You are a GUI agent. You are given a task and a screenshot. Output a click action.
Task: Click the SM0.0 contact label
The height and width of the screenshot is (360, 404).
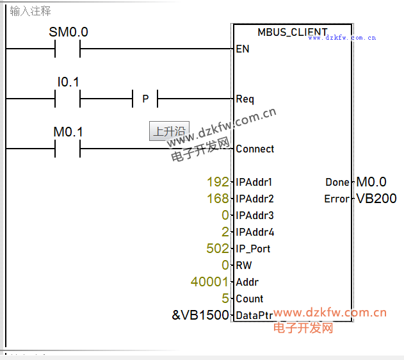69,31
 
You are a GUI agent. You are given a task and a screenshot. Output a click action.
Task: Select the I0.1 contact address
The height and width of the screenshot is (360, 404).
69,82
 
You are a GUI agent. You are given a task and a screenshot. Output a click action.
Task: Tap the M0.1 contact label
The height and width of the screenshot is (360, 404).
69,132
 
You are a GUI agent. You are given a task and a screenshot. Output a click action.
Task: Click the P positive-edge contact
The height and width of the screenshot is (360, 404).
145,99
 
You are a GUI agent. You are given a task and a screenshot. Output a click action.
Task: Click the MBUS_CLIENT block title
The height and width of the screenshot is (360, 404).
292,32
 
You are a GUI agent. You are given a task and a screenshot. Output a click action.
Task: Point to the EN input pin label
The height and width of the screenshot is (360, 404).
243,49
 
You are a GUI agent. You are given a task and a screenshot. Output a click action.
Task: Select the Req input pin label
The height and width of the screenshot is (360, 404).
245,99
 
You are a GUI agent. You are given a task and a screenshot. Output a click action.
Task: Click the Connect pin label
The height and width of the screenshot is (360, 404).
255,149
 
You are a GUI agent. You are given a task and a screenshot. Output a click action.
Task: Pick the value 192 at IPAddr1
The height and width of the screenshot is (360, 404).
218,182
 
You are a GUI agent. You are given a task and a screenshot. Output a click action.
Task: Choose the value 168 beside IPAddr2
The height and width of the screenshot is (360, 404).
218,199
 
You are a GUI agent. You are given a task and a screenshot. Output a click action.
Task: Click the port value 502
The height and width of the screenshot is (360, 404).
218,249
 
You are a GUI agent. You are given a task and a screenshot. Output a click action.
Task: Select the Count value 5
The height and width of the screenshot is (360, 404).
225,299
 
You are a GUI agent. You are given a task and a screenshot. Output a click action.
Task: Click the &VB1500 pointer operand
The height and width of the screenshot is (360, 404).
200,315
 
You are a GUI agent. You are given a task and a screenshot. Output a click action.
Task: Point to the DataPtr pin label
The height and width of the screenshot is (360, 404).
254,315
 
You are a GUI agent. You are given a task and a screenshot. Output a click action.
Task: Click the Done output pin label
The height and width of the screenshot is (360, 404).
337,182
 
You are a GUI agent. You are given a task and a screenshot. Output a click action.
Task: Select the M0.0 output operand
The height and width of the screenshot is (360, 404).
371,182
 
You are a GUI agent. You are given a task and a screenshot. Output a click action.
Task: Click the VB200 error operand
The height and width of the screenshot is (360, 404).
376,199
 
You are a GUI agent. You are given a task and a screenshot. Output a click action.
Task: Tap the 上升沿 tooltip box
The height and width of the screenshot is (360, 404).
169,131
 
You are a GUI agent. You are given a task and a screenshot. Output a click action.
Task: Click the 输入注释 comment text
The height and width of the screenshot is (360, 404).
31,12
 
